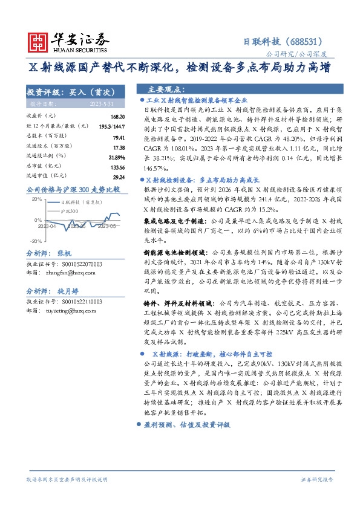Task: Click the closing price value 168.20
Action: click(117, 116)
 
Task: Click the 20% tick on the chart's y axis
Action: click(36, 199)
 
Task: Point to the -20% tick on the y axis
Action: click(35, 241)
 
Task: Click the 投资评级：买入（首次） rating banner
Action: click(71, 92)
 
